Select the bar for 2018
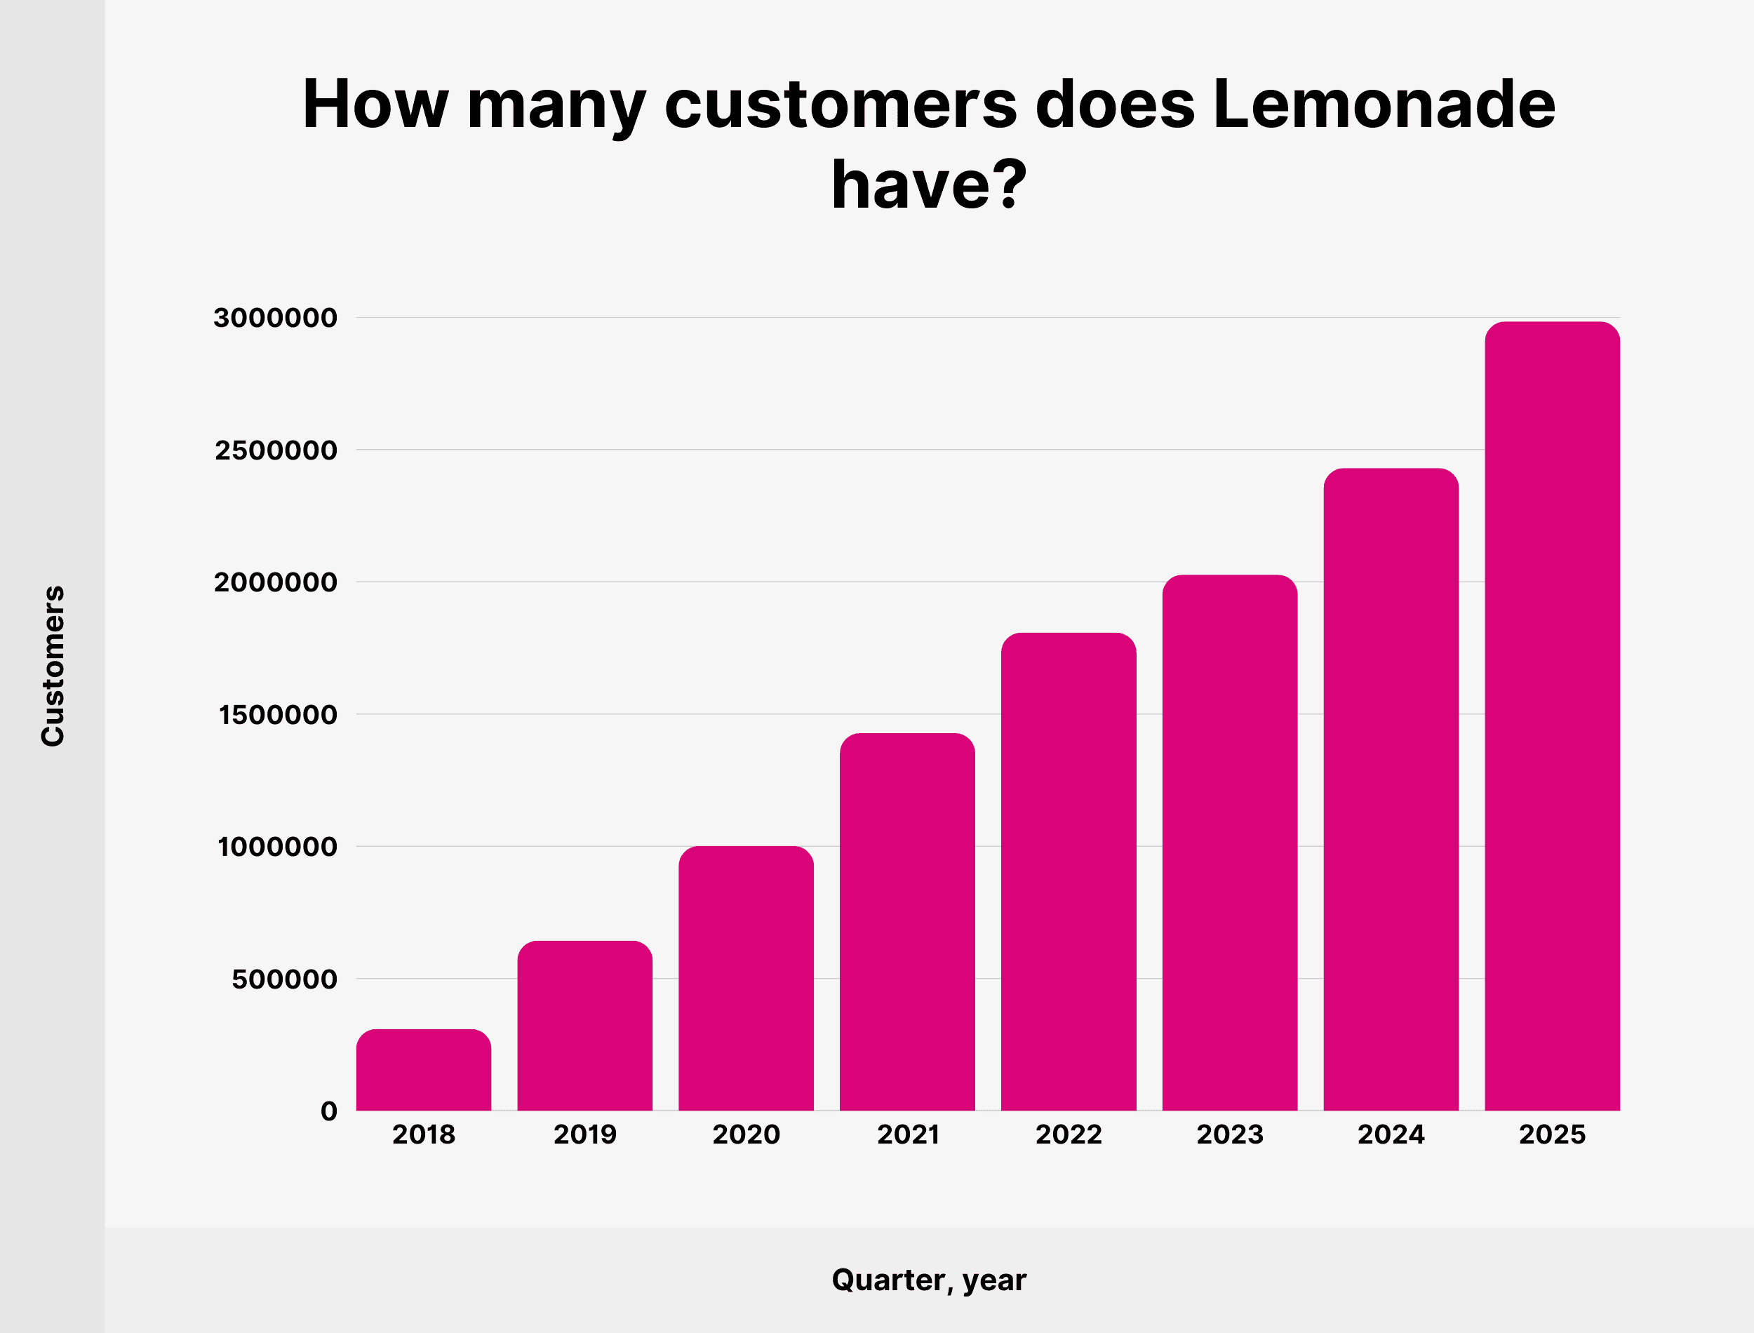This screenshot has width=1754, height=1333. click(x=424, y=1071)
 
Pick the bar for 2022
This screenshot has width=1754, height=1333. click(x=1068, y=872)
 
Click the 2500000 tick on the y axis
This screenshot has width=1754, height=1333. click(x=275, y=450)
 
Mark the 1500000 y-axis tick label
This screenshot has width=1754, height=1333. click(x=278, y=715)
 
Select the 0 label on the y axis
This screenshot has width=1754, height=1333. click(x=328, y=1111)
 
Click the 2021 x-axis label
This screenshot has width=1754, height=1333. click(x=908, y=1134)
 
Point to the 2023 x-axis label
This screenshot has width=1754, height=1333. click(x=1230, y=1134)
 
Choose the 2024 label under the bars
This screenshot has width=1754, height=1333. click(x=1391, y=1134)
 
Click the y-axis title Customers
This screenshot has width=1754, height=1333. click(x=53, y=666)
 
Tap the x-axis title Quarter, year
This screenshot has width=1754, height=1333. click(x=928, y=1280)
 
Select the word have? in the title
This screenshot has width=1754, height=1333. click(x=928, y=185)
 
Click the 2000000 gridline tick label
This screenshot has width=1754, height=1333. click(x=275, y=582)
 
